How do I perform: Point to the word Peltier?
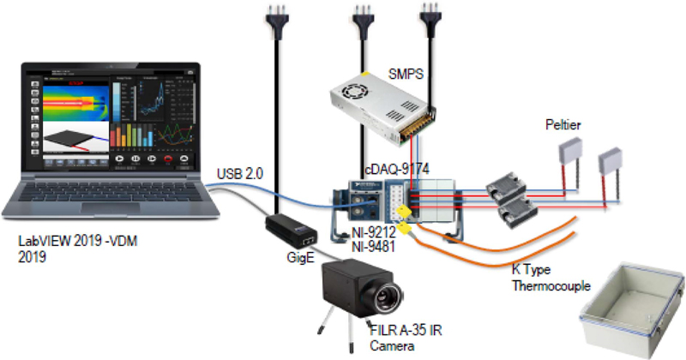(563, 125)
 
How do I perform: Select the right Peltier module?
(612, 162)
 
